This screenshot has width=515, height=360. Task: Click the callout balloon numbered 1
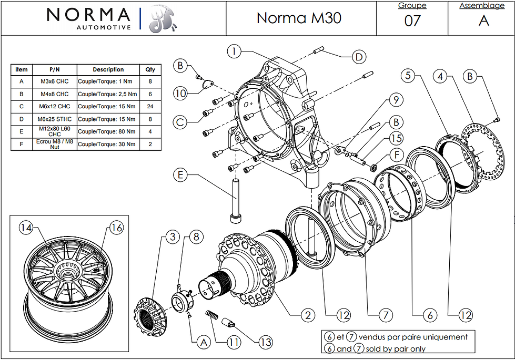[x=234, y=52]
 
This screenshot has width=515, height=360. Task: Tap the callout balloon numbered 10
[x=180, y=94]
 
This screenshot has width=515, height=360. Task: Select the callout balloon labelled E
[x=180, y=174]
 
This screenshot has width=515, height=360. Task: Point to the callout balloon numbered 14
[x=26, y=228]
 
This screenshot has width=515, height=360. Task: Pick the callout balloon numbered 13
[x=266, y=342]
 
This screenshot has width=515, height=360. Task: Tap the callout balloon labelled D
[x=359, y=57]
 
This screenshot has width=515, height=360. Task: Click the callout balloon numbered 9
[x=396, y=99]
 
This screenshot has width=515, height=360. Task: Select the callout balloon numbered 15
[x=396, y=138]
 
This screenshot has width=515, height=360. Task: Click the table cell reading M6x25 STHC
[x=55, y=119]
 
